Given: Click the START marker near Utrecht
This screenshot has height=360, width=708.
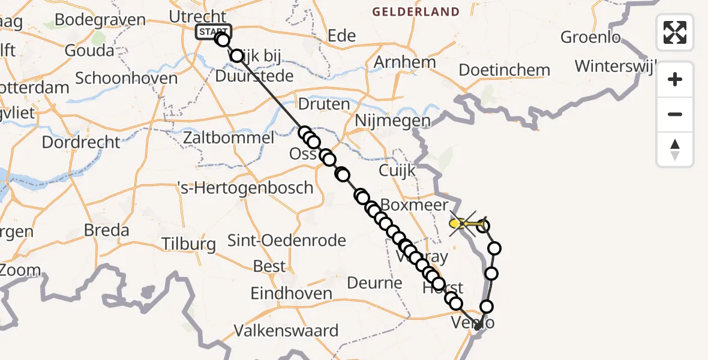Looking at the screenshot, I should [x=213, y=32].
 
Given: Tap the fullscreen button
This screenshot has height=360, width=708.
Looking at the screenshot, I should [x=675, y=32].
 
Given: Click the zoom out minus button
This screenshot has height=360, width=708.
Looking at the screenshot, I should [x=675, y=114].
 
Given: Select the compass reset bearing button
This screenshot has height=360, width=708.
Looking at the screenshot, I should [x=675, y=149].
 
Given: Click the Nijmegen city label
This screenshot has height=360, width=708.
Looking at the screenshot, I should [x=392, y=121].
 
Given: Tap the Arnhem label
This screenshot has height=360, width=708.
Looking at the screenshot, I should [x=404, y=62].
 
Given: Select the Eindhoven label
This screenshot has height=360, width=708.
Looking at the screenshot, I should [x=292, y=293].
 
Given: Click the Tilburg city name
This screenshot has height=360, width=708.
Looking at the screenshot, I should [x=189, y=244].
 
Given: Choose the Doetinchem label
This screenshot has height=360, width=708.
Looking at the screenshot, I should [x=504, y=70].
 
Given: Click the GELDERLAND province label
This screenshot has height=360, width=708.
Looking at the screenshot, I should [x=415, y=11].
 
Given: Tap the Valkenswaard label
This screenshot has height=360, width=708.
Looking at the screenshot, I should [x=286, y=330].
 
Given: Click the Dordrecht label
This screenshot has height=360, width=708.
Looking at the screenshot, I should [x=81, y=142].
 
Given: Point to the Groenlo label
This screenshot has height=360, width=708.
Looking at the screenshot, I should [x=590, y=37].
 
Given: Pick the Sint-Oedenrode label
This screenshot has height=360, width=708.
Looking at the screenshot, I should [x=287, y=241].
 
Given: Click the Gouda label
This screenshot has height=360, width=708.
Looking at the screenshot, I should [x=89, y=50].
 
